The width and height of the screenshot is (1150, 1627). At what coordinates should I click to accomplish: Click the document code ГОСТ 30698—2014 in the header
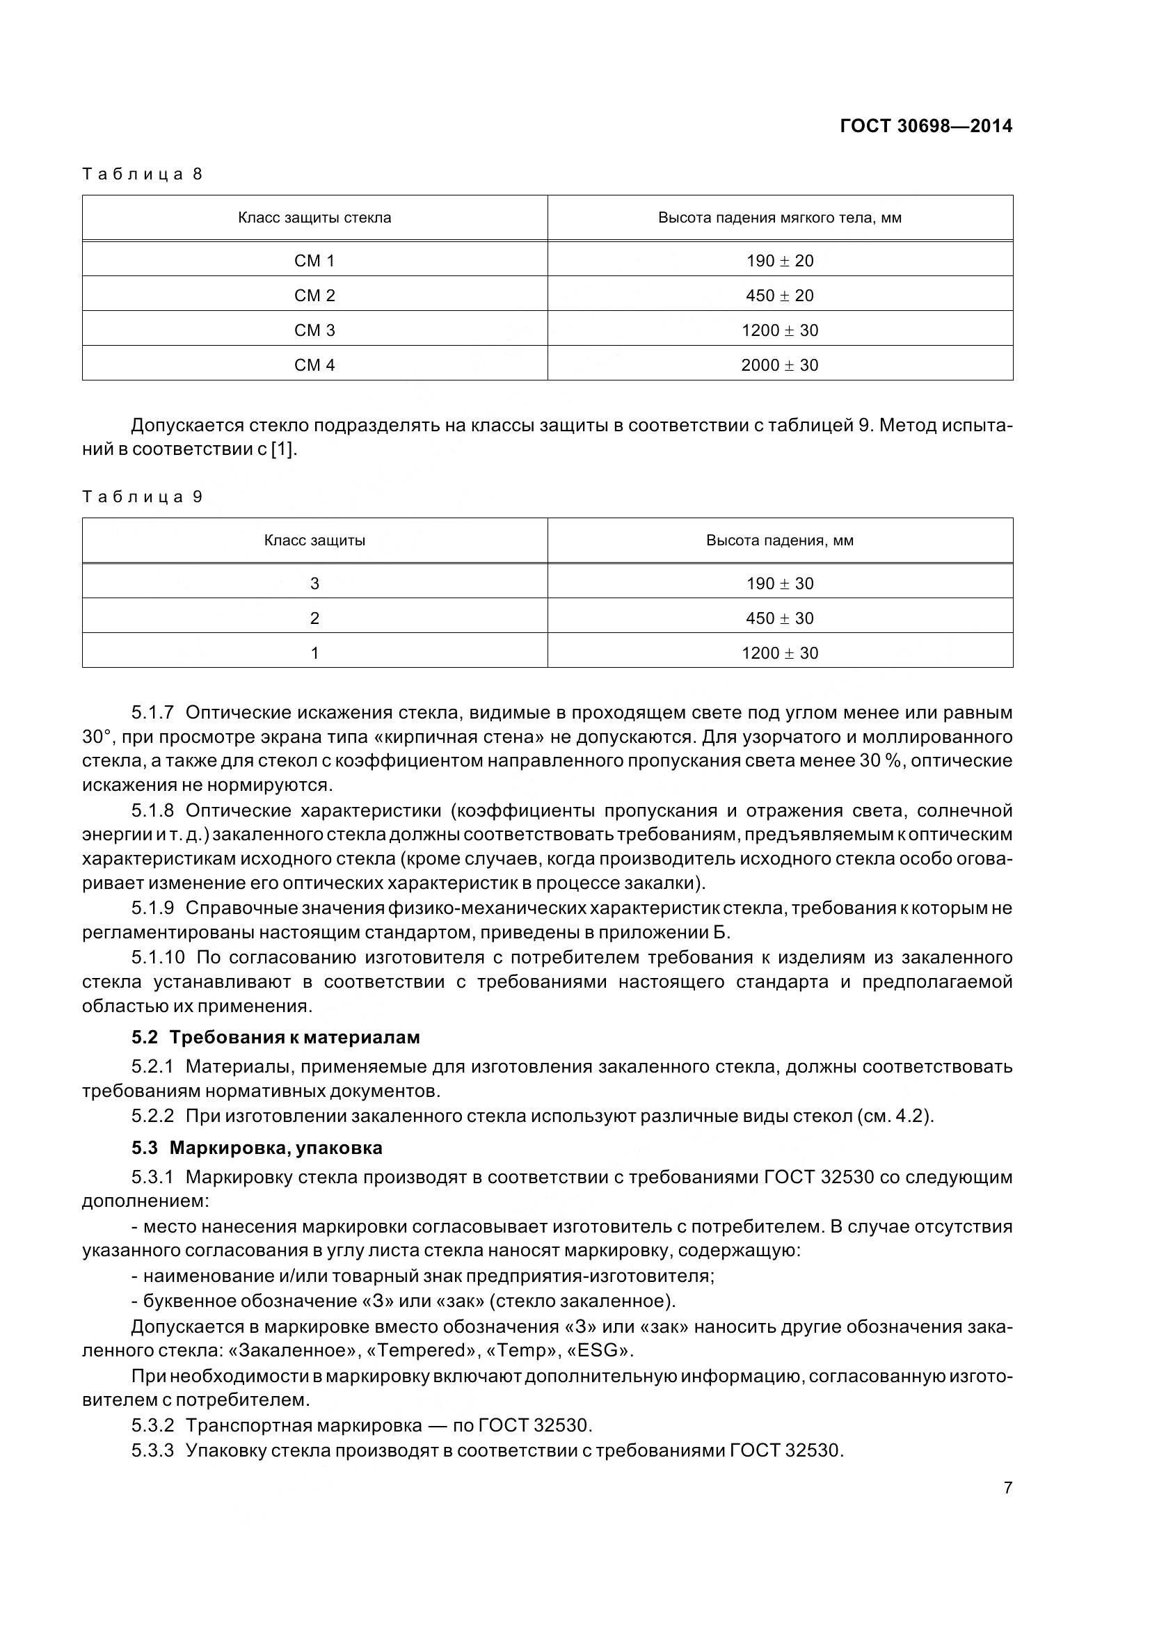[x=925, y=126]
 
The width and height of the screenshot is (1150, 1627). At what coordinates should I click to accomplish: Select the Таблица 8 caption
[x=143, y=175]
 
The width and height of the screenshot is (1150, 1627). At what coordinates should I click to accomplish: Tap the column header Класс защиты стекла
[x=314, y=218]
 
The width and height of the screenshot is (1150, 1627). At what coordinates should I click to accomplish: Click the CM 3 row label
[x=314, y=330]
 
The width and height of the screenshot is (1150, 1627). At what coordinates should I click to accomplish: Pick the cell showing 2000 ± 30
[x=779, y=365]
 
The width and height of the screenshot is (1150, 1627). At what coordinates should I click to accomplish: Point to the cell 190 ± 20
[x=779, y=261]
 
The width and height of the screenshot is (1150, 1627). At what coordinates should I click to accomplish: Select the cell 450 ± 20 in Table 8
[x=779, y=296]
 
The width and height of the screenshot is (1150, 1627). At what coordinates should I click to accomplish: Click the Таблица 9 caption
[x=143, y=497]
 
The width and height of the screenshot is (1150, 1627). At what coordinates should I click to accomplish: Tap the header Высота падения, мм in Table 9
[x=779, y=540]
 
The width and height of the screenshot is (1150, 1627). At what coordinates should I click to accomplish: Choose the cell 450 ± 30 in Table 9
[x=779, y=618]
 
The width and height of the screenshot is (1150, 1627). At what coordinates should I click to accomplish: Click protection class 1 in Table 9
[x=314, y=653]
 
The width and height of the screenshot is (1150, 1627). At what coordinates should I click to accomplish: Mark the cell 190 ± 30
[x=779, y=584]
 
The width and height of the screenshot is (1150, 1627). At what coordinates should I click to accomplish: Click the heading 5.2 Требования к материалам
[x=275, y=1037]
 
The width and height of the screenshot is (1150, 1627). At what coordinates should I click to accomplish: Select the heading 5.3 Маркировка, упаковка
[x=257, y=1147]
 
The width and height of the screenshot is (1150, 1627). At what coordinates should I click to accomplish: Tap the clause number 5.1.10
[x=157, y=958]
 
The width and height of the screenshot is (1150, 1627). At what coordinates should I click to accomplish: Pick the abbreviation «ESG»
[x=593, y=1351]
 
